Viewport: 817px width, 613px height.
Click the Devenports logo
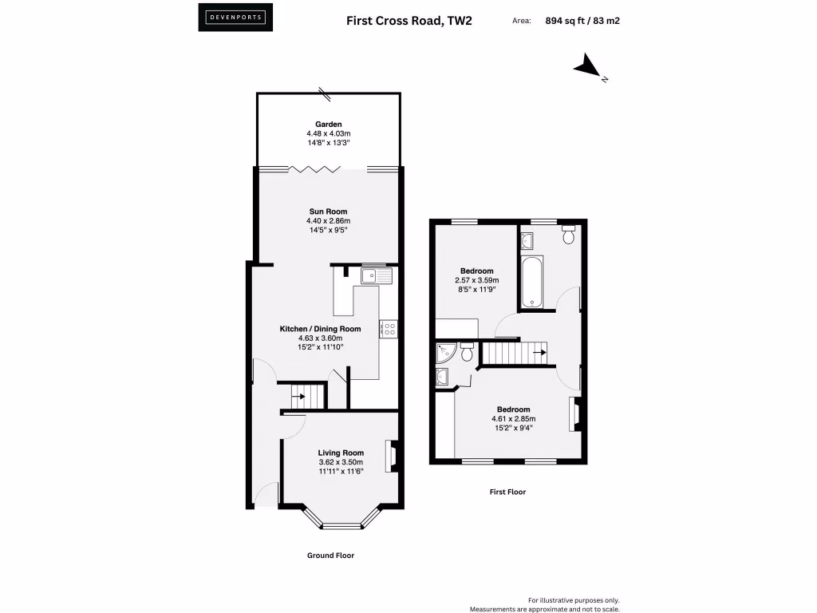click(x=235, y=17)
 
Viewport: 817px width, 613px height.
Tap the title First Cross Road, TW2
click(x=408, y=20)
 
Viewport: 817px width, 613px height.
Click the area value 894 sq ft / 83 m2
click(x=582, y=21)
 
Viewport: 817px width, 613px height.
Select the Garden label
click(x=328, y=125)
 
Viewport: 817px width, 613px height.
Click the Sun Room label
click(x=328, y=212)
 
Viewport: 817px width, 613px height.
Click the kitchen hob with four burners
click(x=389, y=328)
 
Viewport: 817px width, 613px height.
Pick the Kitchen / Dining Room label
click(x=319, y=329)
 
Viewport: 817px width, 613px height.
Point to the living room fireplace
click(x=393, y=457)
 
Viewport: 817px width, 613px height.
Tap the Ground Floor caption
click(x=330, y=556)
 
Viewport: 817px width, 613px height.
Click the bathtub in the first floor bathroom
click(x=531, y=283)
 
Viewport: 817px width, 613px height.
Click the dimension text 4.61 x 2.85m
click(x=513, y=418)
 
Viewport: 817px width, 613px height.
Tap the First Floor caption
click(x=507, y=492)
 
